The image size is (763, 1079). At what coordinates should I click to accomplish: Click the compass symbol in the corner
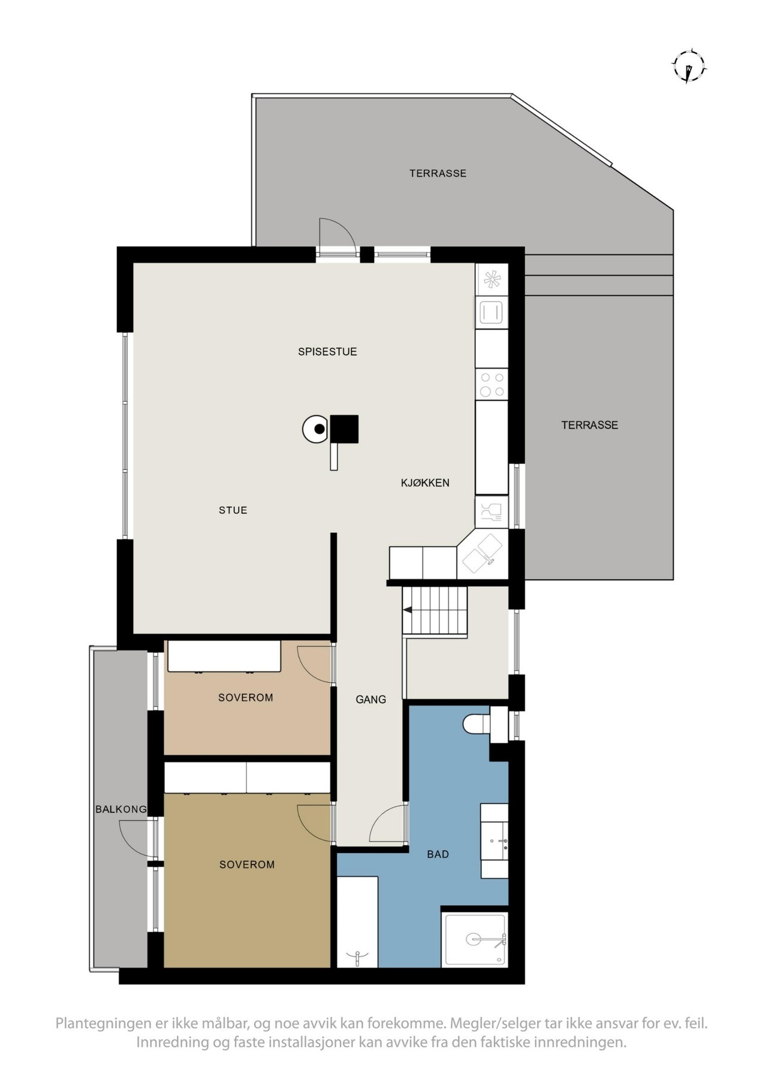point(689,65)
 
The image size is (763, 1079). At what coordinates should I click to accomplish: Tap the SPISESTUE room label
point(327,352)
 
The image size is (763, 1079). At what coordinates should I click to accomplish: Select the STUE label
point(233,510)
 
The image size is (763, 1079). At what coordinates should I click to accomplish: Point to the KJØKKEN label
point(425,483)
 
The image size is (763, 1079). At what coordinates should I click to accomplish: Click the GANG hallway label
point(370,699)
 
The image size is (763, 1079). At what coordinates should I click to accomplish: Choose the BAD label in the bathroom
point(438,854)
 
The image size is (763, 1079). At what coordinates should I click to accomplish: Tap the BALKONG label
point(121,809)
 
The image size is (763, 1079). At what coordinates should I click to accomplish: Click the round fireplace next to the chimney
point(316,429)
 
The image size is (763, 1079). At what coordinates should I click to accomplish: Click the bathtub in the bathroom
point(357,922)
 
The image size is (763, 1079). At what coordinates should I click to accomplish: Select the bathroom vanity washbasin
point(494,840)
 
